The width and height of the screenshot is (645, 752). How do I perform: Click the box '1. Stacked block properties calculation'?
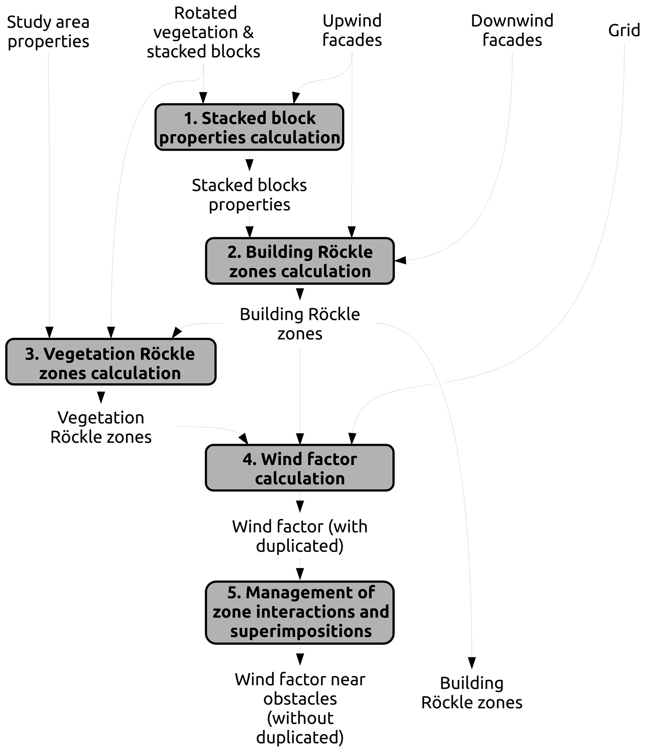[249, 127]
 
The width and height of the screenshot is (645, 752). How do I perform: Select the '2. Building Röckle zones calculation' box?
[300, 261]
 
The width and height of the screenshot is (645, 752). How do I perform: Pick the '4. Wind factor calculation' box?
[300, 468]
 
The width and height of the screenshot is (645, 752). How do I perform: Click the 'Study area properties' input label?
[48, 32]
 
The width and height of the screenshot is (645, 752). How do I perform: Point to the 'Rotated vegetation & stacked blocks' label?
[203, 32]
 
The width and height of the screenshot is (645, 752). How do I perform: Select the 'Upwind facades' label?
[352, 30]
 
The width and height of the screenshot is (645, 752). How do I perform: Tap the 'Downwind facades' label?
[512, 30]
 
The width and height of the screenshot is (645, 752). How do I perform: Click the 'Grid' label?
[624, 30]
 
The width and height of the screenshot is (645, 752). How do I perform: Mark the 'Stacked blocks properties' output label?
[249, 195]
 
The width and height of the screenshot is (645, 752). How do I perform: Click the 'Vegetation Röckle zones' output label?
[101, 427]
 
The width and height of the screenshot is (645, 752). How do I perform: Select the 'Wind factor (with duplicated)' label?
[300, 536]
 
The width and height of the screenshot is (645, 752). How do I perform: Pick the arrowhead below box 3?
[101, 397]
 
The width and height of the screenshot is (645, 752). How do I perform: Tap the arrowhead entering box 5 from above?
[300, 574]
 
